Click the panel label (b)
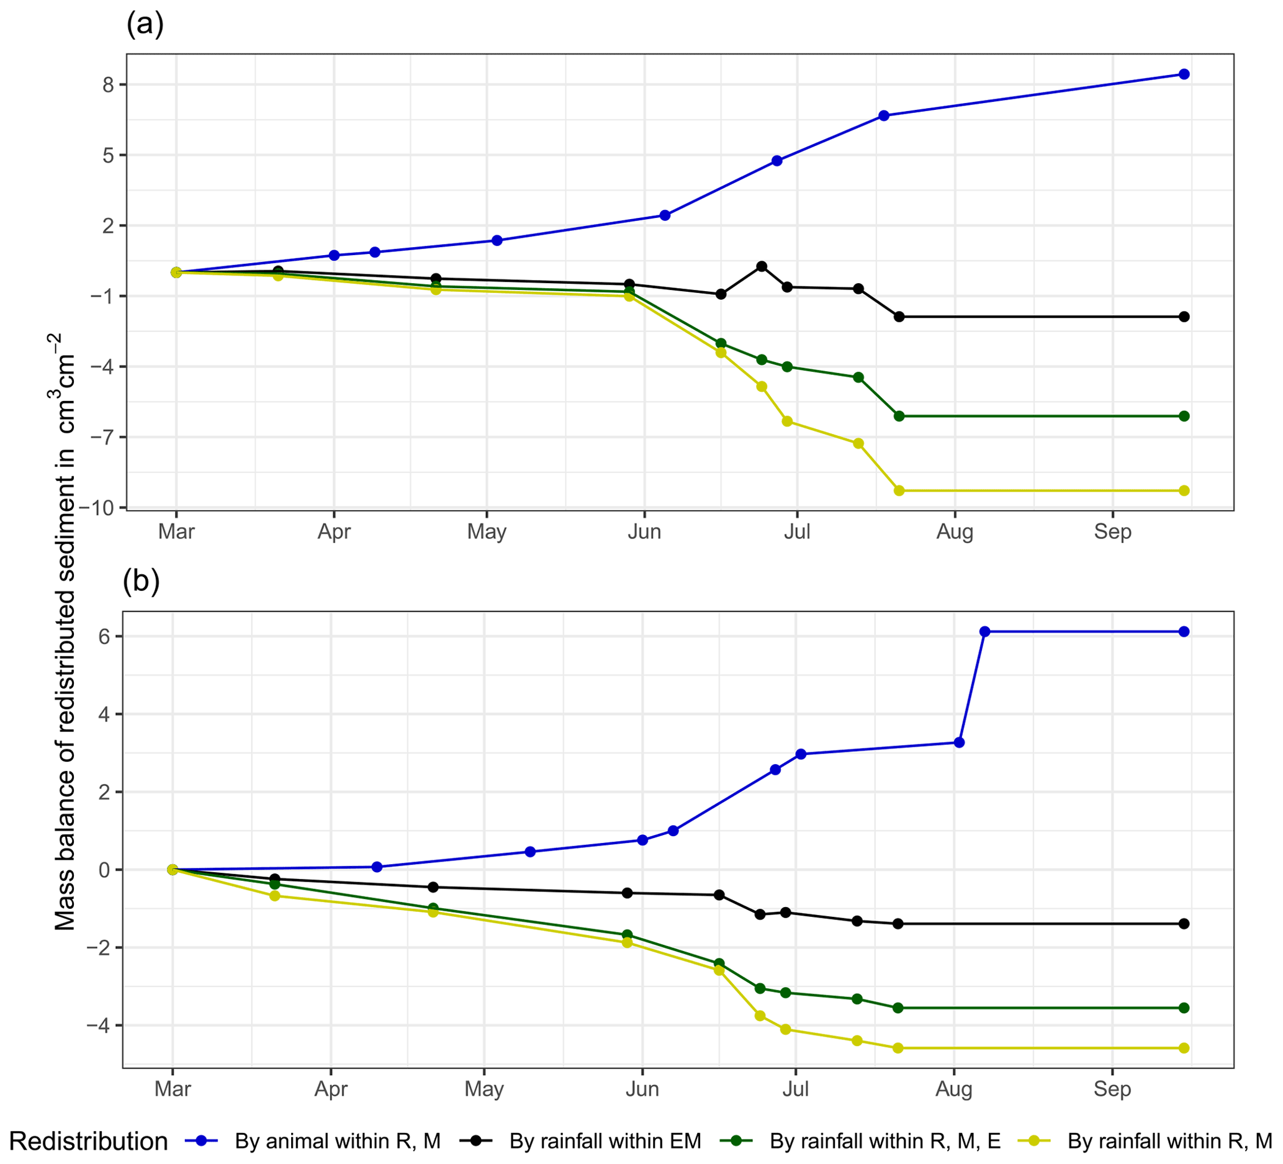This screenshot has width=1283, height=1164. [x=142, y=580]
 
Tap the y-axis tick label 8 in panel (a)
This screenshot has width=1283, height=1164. [x=107, y=84]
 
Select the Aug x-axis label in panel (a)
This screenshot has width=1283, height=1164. [x=955, y=531]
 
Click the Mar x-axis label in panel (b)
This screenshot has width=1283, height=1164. [x=173, y=1088]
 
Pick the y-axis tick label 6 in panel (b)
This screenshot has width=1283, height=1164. [x=104, y=636]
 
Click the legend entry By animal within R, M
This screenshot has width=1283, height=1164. [x=337, y=1141]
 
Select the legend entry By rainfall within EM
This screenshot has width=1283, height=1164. [x=605, y=1141]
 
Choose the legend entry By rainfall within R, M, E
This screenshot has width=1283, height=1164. [x=885, y=1141]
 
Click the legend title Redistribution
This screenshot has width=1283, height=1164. [x=89, y=1141]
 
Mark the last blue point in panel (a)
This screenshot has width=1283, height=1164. [x=1184, y=74]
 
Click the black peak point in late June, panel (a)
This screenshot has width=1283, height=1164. [x=762, y=266]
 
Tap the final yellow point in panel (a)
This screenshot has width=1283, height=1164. [x=1184, y=490]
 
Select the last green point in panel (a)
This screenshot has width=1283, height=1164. [x=1184, y=416]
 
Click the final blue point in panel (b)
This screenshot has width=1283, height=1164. [x=1184, y=631]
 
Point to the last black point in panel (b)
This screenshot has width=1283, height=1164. [x=1184, y=923]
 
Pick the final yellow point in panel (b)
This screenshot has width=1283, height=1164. [x=1184, y=1048]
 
